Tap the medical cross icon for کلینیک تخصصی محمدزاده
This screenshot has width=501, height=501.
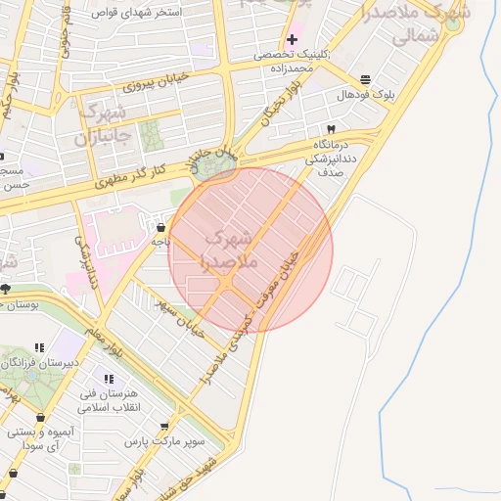coord(292,39)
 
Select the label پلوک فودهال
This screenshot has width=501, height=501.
coord(365,95)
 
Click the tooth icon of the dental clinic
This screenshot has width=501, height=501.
coord(331,129)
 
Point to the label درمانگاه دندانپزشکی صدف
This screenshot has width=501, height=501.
coord(329,157)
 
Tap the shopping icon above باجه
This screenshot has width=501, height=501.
coord(159,226)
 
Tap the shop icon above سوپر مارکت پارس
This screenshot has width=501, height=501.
coord(163,427)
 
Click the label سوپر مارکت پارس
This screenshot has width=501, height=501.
coord(164,442)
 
